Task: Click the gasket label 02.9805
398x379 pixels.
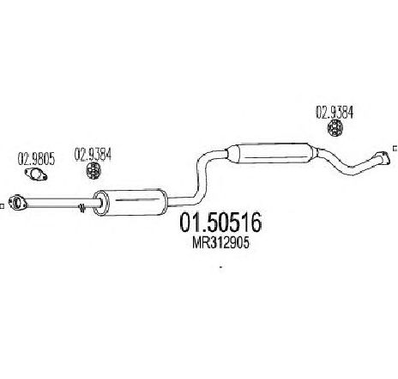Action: pos(36,159)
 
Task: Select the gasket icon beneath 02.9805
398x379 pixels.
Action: pos(36,174)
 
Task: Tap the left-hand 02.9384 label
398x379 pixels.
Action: pos(93,155)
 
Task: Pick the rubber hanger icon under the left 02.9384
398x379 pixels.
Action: pos(93,171)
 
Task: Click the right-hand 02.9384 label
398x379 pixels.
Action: pos(335,113)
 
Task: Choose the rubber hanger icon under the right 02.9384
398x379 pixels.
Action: pos(335,128)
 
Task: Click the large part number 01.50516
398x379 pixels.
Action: pos(220,223)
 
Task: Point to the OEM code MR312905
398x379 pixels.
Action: pos(220,243)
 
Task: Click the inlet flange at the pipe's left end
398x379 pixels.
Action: pos(17,203)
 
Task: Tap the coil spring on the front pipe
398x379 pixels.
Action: pos(82,208)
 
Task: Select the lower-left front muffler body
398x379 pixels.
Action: pos(130,203)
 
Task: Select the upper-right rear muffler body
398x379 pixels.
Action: pos(272,153)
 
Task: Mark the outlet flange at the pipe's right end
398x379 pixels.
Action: pos(383,158)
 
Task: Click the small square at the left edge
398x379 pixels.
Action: pos(2,206)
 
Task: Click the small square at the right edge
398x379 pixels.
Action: pos(395,148)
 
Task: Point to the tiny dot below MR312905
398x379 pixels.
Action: pos(220,267)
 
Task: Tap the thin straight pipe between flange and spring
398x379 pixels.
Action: pos(51,202)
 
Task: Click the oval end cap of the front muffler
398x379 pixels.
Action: pos(101,203)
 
